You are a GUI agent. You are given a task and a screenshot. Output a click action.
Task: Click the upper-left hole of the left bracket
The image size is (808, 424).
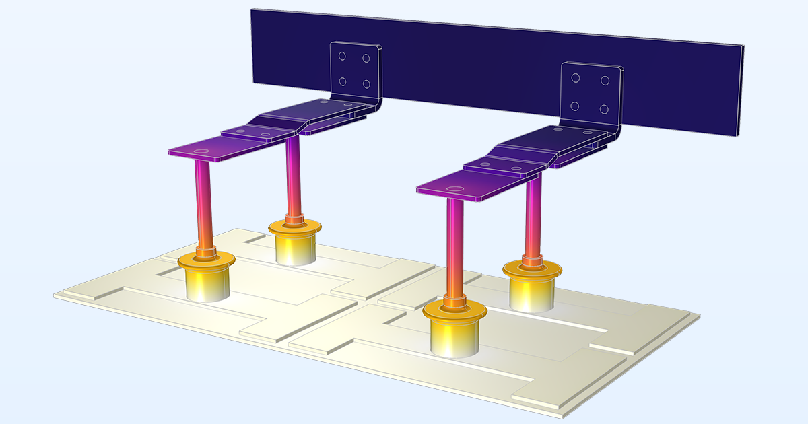click(342, 57)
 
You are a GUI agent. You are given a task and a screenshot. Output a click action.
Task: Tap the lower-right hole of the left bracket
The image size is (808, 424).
click(367, 84)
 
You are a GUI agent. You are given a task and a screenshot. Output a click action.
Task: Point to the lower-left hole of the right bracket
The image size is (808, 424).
click(576, 106)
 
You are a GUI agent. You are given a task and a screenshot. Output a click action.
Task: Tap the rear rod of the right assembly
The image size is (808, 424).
click(533, 215)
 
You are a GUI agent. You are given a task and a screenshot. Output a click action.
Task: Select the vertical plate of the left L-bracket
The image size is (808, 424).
click(354, 71)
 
